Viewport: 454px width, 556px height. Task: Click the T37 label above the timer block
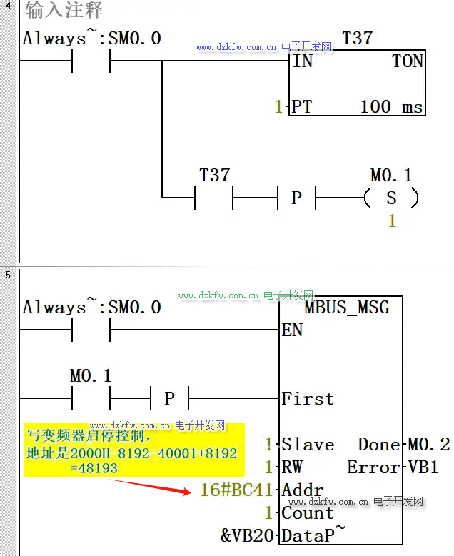[357, 38]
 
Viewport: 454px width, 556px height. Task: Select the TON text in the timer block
[408, 61]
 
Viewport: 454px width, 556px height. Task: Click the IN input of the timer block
[303, 61]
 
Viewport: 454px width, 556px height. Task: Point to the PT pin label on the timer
[301, 107]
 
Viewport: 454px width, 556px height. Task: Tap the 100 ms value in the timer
[391, 107]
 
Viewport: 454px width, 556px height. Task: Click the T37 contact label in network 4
[214, 175]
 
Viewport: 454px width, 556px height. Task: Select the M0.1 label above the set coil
[391, 175]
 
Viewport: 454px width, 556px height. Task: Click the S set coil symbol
[391, 198]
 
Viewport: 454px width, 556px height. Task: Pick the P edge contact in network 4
[296, 198]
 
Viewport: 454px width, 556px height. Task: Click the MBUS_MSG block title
[347, 308]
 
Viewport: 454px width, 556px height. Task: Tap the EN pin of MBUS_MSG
[292, 330]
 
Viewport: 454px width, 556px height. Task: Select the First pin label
[308, 398]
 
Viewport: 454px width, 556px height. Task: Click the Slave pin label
[308, 445]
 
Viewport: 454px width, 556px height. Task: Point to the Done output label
[379, 445]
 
